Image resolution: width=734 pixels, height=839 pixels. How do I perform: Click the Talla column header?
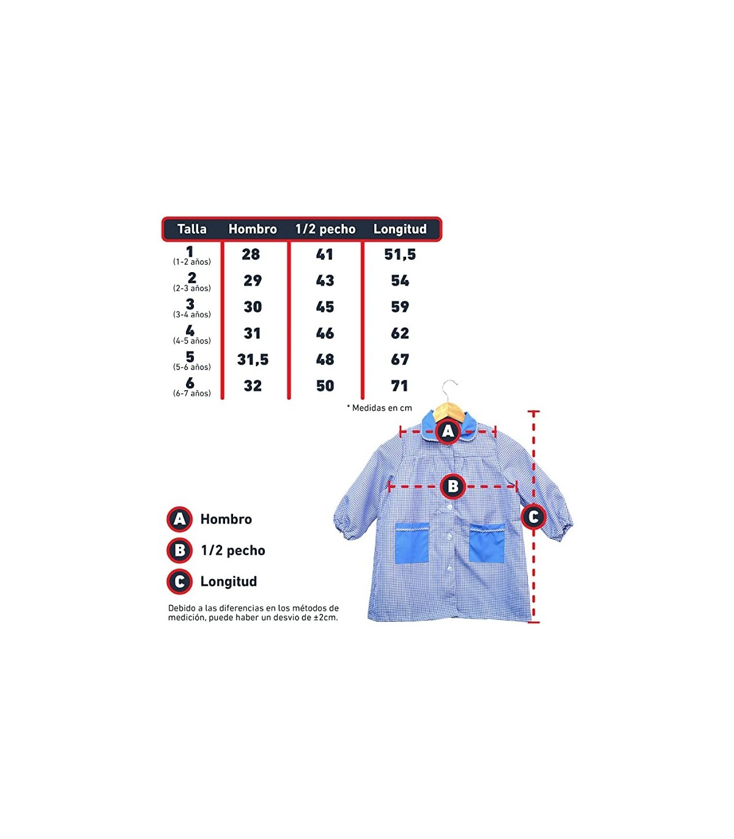tap(191, 229)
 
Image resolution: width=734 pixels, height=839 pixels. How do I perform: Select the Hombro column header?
tap(253, 229)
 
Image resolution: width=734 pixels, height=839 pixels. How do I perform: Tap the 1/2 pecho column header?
tap(325, 229)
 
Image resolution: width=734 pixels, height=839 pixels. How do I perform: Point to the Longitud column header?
tap(400, 229)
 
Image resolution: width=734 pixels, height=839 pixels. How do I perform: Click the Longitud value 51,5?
tap(400, 254)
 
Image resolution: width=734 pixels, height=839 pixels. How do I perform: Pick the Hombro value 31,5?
tap(253, 360)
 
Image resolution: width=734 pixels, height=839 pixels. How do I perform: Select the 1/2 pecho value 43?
tap(325, 281)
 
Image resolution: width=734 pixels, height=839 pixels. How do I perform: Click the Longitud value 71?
tap(400, 386)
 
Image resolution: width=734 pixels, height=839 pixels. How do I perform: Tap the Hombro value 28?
tap(251, 254)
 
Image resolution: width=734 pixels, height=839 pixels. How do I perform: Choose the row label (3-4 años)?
tap(192, 314)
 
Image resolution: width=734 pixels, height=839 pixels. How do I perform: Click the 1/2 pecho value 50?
tap(325, 386)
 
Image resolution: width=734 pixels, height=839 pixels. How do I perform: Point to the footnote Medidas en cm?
tap(379, 408)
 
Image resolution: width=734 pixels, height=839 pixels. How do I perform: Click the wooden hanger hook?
tap(450, 388)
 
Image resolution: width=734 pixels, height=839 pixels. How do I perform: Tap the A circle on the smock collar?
tap(448, 431)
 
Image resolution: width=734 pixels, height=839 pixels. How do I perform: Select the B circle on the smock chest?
tap(453, 487)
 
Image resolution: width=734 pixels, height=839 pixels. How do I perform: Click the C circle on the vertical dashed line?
tap(533, 517)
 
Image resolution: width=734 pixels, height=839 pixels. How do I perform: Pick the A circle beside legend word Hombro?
tap(180, 519)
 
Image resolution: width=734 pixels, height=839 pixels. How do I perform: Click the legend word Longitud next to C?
tap(228, 582)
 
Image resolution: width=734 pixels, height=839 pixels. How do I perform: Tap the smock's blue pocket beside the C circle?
tap(487, 543)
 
